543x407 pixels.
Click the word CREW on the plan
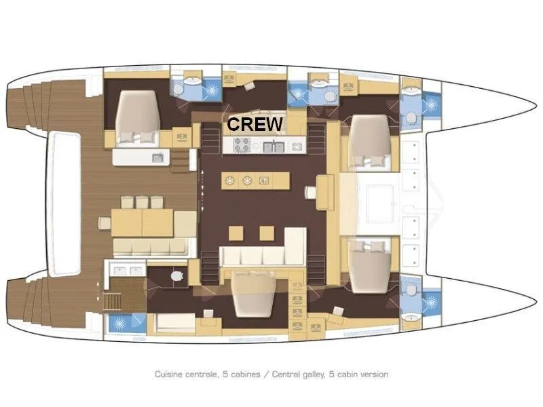[255, 124]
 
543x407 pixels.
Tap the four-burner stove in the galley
[242, 145]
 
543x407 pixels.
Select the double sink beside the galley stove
[274, 147]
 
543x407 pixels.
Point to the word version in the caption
[374, 374]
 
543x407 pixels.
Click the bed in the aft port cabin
[137, 117]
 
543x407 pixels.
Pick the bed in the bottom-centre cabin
[254, 294]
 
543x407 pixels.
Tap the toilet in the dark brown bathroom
[177, 276]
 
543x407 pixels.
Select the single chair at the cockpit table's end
[105, 223]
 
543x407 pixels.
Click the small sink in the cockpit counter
[156, 158]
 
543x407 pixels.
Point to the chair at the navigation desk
[311, 192]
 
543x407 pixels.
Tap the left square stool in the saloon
[236, 233]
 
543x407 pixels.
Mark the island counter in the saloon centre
[256, 180]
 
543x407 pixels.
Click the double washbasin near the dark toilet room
[126, 271]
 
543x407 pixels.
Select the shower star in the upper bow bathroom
[431, 104]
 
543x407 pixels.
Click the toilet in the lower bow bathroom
[411, 290]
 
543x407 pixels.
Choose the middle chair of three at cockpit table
[142, 202]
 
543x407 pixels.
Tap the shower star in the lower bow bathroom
[431, 302]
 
